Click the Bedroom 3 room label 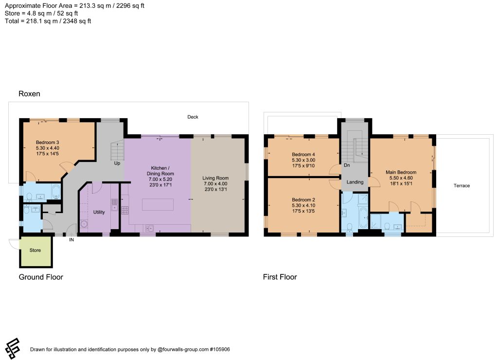click(x=47, y=143)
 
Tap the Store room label click(x=35, y=251)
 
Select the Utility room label click(x=99, y=212)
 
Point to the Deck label click(x=193, y=117)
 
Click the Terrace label click(x=462, y=185)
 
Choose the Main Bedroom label click(x=401, y=172)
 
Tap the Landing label click(x=355, y=182)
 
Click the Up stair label click(x=117, y=163)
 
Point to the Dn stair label click(x=347, y=165)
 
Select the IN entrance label click(x=71, y=240)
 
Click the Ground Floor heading click(x=41, y=277)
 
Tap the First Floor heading click(x=280, y=277)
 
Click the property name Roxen click(x=29, y=94)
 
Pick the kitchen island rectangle click(x=158, y=204)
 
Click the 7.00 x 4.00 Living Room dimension click(x=215, y=184)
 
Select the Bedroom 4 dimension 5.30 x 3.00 click(x=303, y=160)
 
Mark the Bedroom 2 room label click(x=303, y=200)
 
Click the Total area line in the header click(x=48, y=21)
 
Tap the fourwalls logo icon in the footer click(x=13, y=348)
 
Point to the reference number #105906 click(x=219, y=349)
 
